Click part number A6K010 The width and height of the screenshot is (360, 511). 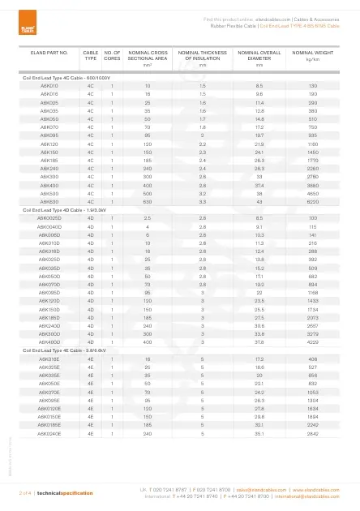point(49,84)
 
